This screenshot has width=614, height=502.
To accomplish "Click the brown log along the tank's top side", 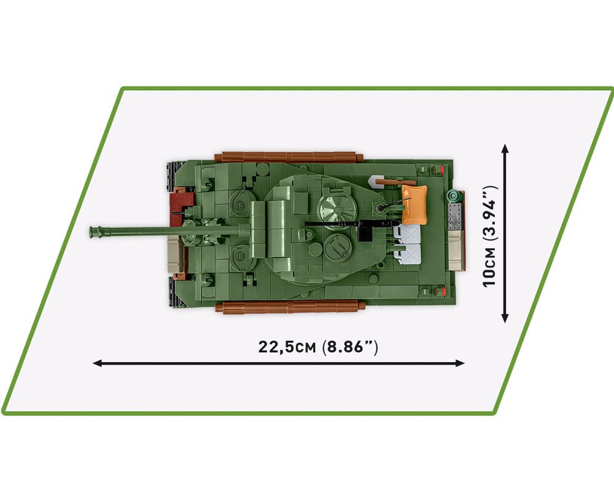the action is pos(289,158).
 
